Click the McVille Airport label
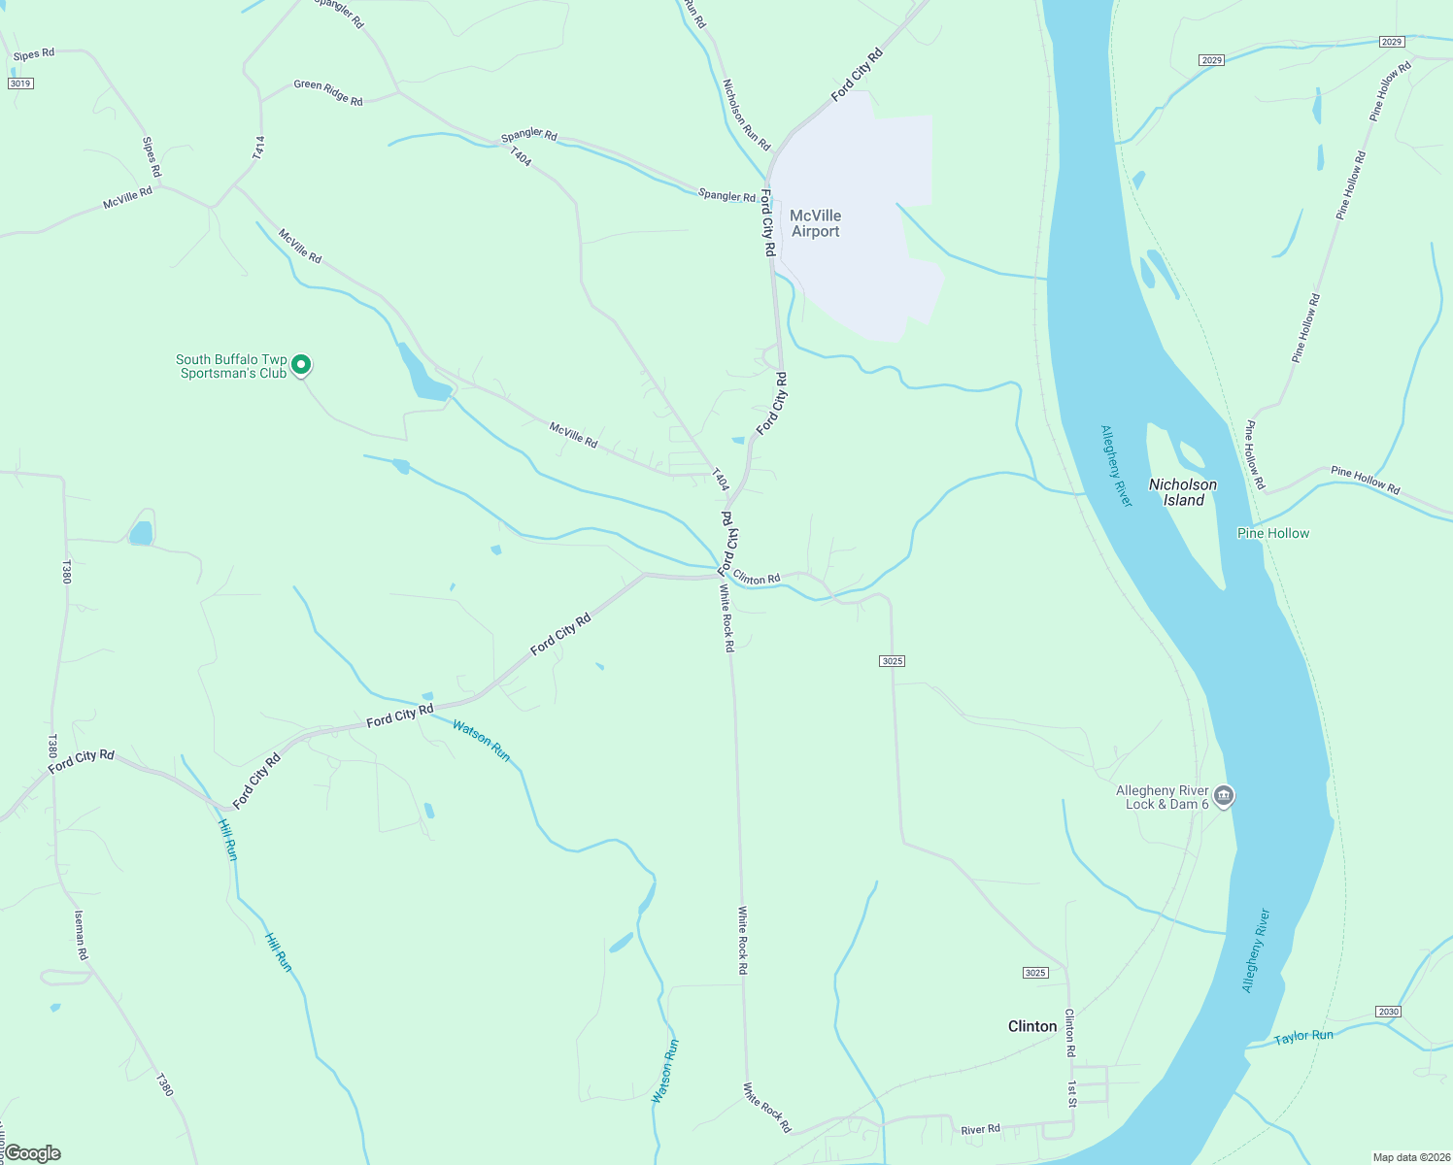(815, 223)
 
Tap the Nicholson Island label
(1183, 492)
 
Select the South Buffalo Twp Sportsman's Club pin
(301, 365)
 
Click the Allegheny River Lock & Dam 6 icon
(1224, 797)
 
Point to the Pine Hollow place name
(1273, 533)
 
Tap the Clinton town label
(1032, 1026)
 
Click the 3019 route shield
(20, 83)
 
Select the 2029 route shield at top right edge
(1392, 42)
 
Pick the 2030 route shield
(1388, 1012)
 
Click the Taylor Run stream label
(1303, 1037)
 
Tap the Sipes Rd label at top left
(34, 54)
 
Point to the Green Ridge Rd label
(328, 92)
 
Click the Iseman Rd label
(82, 934)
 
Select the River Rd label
(980, 1130)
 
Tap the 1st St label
(1072, 1093)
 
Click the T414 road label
(258, 148)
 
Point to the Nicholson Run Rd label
(746, 115)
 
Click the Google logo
(32, 1153)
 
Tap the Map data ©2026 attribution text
(1410, 1157)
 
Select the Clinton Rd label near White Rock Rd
(757, 579)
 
